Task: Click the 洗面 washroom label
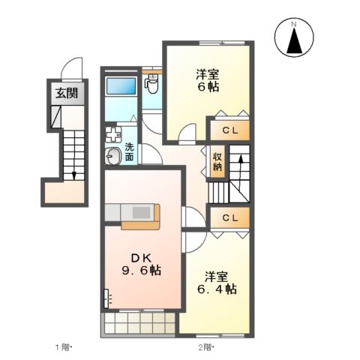pyautogui.click(x=130, y=152)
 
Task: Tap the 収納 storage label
pyautogui.click(x=217, y=161)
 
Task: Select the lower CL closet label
pyautogui.click(x=229, y=217)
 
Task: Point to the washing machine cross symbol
pyautogui.click(x=113, y=136)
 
